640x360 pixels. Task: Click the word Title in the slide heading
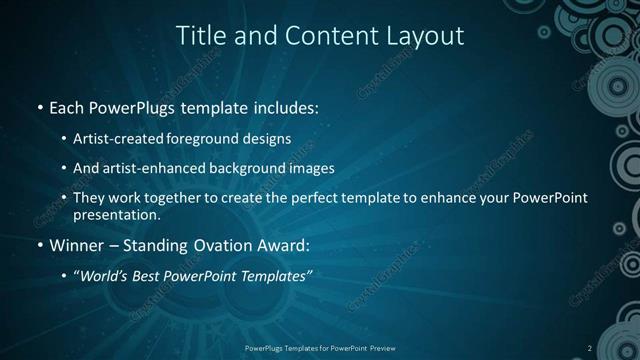[x=201, y=36]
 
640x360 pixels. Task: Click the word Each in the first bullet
[x=68, y=106]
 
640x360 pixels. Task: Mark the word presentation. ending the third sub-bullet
[x=117, y=214]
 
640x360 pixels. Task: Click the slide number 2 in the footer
[x=590, y=348]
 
